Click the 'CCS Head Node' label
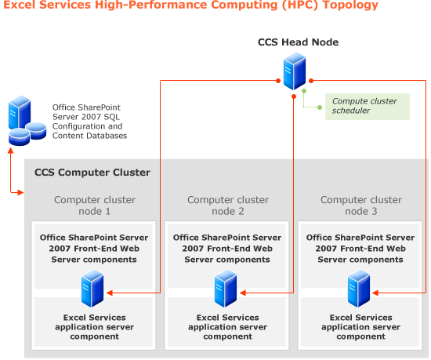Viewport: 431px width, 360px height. (298, 42)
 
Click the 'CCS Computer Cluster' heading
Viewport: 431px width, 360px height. (92, 173)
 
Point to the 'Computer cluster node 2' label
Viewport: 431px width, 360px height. (226, 205)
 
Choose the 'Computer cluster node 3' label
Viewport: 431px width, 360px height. (360, 205)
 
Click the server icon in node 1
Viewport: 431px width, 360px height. (92, 289)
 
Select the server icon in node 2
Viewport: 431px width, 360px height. (226, 289)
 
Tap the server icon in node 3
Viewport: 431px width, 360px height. (359, 289)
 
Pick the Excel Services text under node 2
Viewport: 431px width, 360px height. (226, 327)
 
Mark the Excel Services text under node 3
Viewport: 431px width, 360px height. (360, 327)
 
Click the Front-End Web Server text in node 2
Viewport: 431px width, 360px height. (226, 249)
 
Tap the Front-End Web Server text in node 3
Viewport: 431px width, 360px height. (360, 249)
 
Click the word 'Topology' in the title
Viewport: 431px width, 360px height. (353, 6)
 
